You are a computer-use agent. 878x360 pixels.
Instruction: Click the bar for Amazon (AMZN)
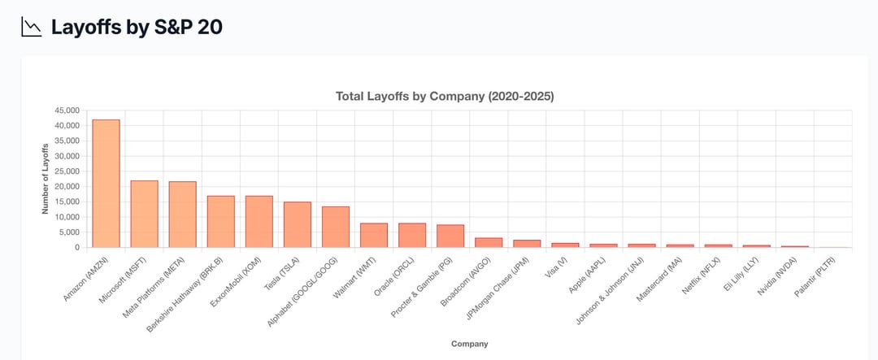[106, 184]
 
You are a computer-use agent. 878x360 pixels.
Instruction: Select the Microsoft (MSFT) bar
[144, 214]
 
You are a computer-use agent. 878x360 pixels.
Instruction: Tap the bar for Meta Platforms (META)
[182, 215]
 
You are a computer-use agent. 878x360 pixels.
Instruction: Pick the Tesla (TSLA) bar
[298, 224]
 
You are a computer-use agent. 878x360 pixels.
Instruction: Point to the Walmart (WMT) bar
[374, 235]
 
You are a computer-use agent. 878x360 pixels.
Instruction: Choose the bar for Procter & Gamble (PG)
[450, 236]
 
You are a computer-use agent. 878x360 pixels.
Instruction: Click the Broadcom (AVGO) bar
[489, 242]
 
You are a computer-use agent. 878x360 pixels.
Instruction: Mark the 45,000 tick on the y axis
[67, 111]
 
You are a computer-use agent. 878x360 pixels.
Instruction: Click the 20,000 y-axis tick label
[67, 187]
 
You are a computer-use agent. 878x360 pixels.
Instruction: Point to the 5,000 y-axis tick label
[69, 232]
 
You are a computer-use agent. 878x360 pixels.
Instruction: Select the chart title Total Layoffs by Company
[445, 96]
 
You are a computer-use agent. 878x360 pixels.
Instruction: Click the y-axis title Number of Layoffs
[46, 179]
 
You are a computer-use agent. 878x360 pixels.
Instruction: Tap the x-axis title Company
[470, 344]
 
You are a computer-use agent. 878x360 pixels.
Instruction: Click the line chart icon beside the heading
[32, 27]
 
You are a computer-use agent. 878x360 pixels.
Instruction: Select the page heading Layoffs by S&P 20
[137, 27]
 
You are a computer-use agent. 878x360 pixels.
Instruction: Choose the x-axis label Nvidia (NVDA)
[785, 276]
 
